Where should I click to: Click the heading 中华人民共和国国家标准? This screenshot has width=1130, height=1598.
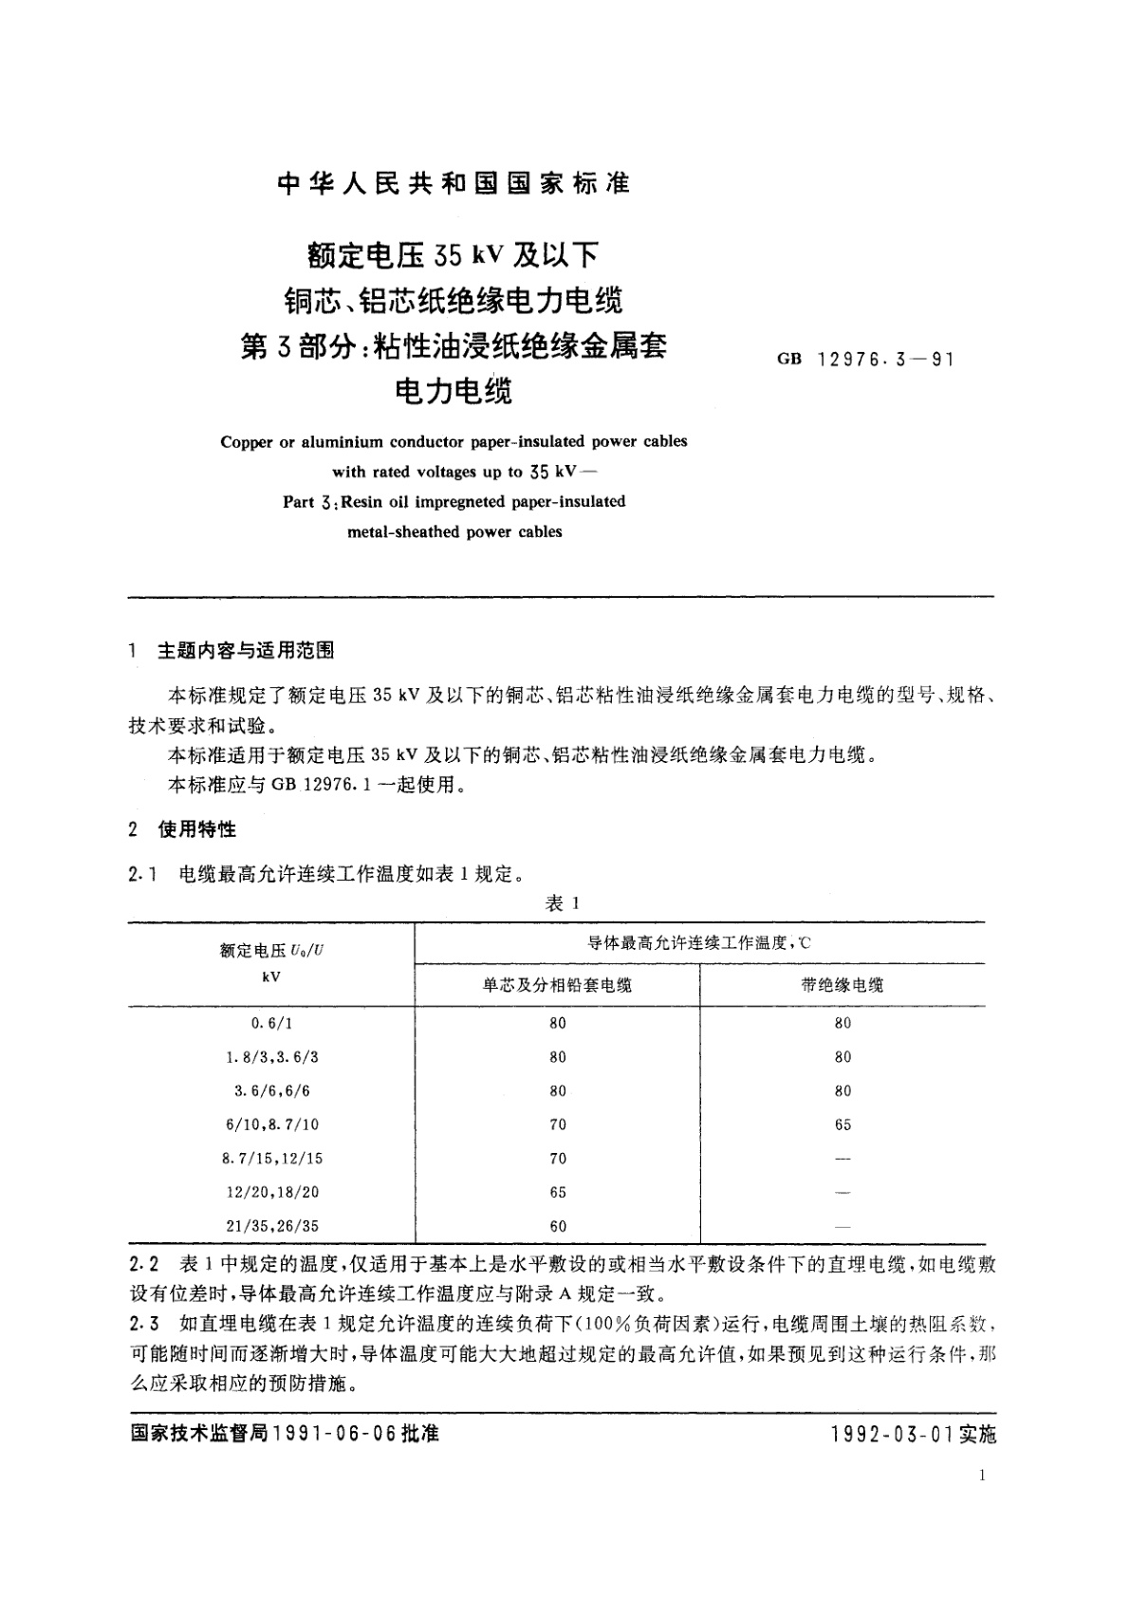click(454, 184)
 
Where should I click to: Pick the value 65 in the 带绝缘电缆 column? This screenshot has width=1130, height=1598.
click(843, 1124)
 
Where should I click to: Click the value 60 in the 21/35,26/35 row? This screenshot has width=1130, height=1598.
click(558, 1226)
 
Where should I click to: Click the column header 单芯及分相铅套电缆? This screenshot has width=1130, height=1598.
click(557, 985)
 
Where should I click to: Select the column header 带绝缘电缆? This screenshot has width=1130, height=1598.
click(843, 985)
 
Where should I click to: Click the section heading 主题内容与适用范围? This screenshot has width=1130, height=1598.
click(246, 651)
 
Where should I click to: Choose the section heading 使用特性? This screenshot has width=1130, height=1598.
click(197, 829)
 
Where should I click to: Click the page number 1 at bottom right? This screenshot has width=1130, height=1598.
click(981, 1475)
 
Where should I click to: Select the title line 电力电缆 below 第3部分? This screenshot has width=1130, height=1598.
click(454, 390)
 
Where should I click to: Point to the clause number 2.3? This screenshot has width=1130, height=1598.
click(143, 1324)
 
